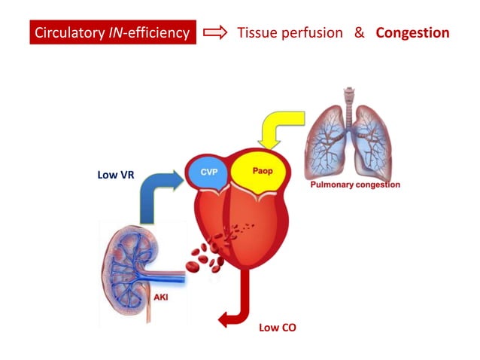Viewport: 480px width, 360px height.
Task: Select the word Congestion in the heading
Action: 412,33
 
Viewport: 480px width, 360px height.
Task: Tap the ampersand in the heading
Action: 359,33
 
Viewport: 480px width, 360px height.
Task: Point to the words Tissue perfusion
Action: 290,33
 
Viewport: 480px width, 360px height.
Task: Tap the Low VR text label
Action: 117,175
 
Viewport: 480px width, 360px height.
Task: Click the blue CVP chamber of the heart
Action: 209,172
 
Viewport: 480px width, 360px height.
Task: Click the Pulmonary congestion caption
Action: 355,185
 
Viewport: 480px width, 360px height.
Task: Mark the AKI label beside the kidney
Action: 161,297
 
